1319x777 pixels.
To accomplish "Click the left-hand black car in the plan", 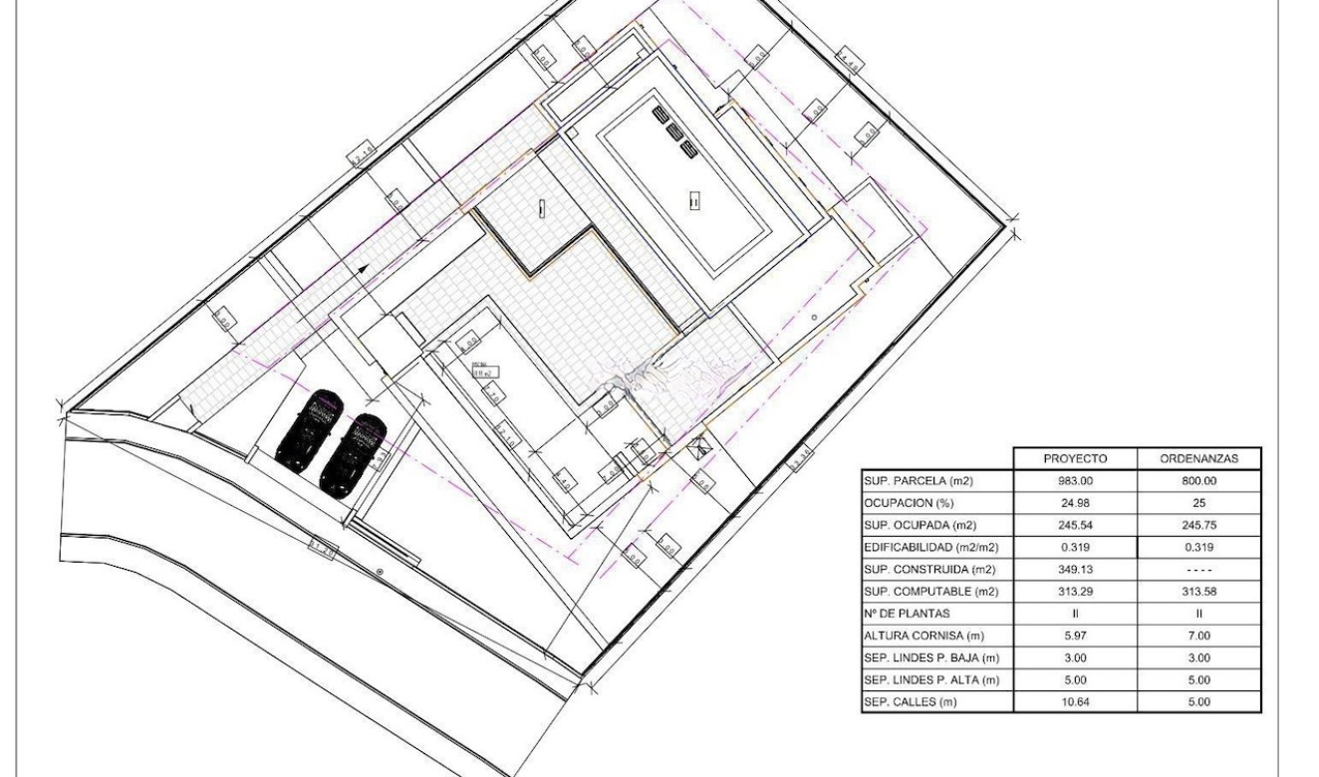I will (309, 428).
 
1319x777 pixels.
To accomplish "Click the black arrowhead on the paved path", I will (363, 268).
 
